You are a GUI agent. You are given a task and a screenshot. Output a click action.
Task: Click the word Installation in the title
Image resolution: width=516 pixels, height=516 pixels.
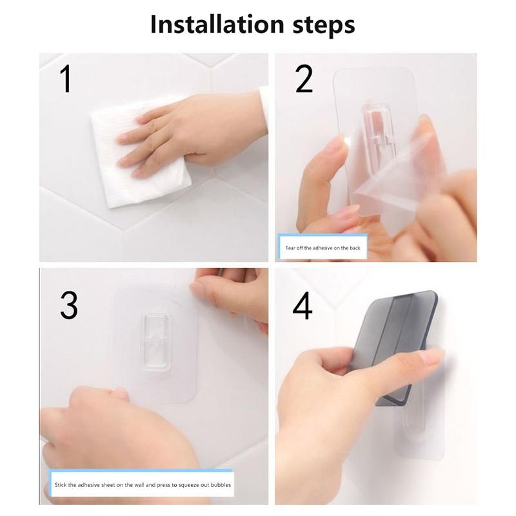point(217,25)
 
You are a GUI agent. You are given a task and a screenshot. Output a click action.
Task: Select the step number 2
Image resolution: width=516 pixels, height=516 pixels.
point(303,79)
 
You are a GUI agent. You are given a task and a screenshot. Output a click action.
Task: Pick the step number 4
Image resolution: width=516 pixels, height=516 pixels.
point(302,305)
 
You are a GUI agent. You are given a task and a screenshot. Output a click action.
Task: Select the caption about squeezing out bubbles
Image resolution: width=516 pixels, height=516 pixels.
point(141,484)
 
